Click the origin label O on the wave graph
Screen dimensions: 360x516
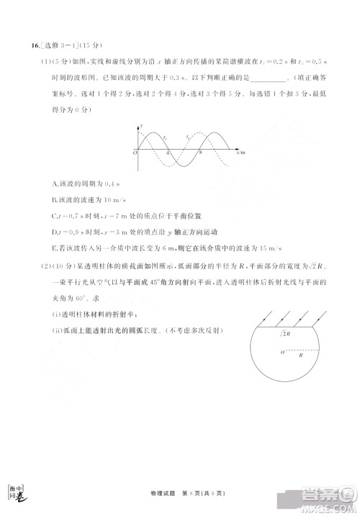pyautogui.click(x=135, y=153)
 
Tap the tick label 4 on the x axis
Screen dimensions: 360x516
pyautogui.click(x=168, y=153)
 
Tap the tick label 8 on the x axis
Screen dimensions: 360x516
pyautogui.click(x=200, y=153)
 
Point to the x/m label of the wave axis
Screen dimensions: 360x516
pyautogui.click(x=240, y=153)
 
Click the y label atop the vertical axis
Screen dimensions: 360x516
pyautogui.click(x=142, y=125)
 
